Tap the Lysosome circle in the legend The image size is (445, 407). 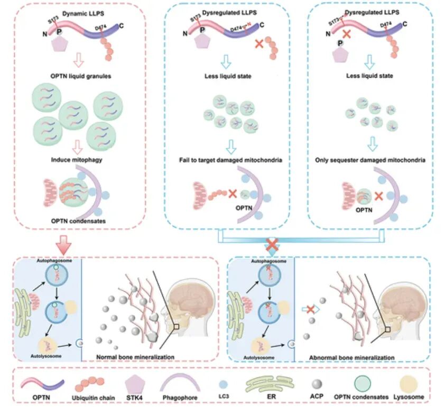tap(409, 383)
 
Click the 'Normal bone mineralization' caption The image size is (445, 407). tap(135, 358)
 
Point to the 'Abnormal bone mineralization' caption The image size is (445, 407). tap(351, 358)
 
